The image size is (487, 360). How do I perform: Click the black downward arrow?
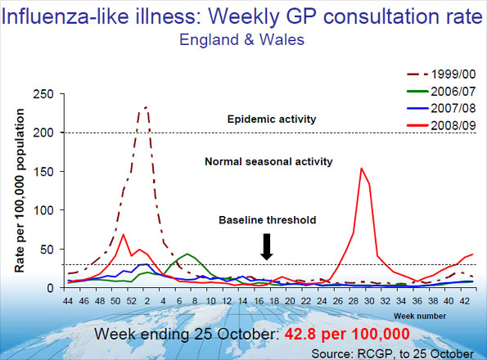click(267, 246)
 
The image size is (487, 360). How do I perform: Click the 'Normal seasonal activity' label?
click(268, 161)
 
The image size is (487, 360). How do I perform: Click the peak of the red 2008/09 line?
click(362, 169)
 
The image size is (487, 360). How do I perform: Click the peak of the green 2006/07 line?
click(187, 254)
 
